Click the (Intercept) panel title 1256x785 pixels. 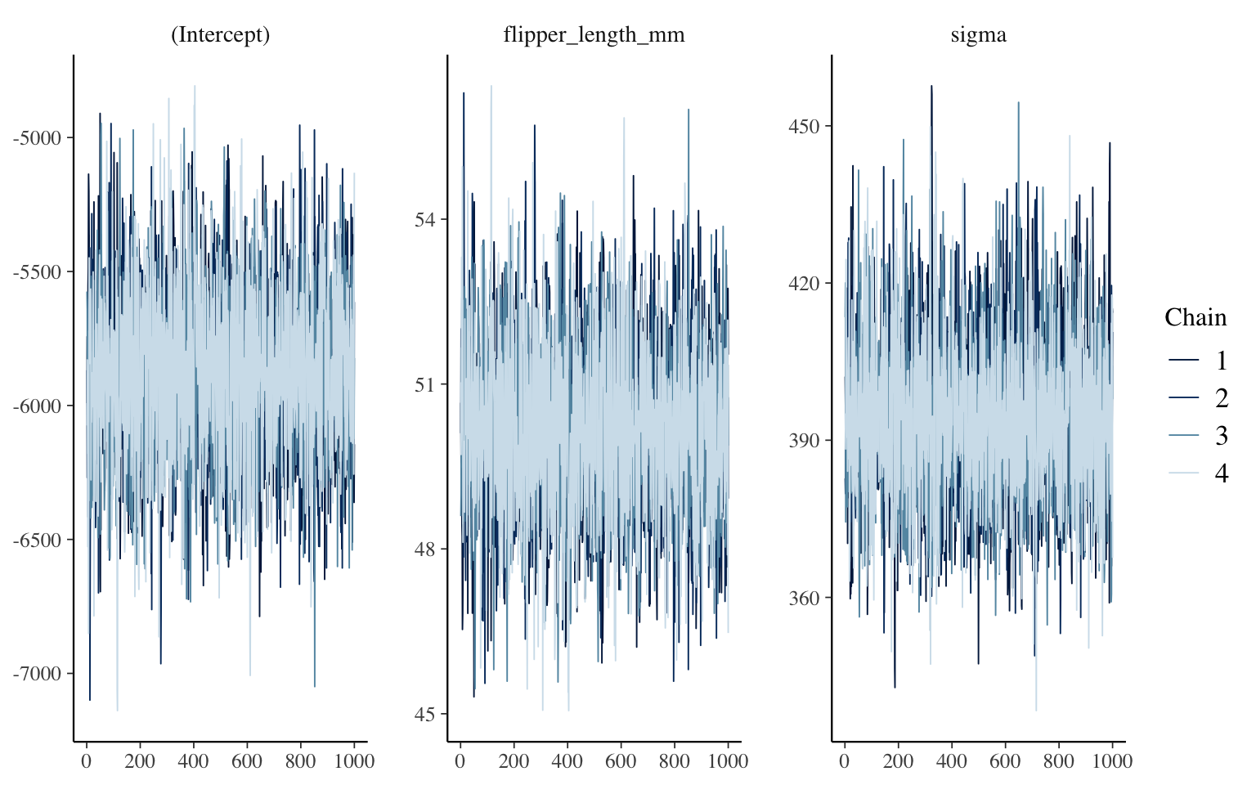(x=220, y=34)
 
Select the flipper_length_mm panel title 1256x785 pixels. (x=594, y=34)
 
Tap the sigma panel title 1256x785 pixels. (x=978, y=34)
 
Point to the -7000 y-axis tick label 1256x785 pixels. (x=37, y=674)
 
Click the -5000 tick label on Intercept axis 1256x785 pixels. (x=37, y=137)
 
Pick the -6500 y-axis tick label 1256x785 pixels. (x=37, y=540)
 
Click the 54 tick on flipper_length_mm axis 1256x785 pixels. (x=426, y=219)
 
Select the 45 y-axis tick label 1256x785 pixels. (x=426, y=714)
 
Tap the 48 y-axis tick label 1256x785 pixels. (x=426, y=549)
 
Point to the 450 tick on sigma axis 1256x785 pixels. (x=805, y=126)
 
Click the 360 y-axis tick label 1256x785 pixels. (x=805, y=598)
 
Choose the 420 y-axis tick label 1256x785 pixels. (x=805, y=283)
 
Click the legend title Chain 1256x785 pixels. (x=1195, y=317)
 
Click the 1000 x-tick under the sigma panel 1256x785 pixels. (x=1112, y=761)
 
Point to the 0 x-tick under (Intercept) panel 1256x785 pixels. (x=86, y=761)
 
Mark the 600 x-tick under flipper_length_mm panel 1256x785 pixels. (x=621, y=761)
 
